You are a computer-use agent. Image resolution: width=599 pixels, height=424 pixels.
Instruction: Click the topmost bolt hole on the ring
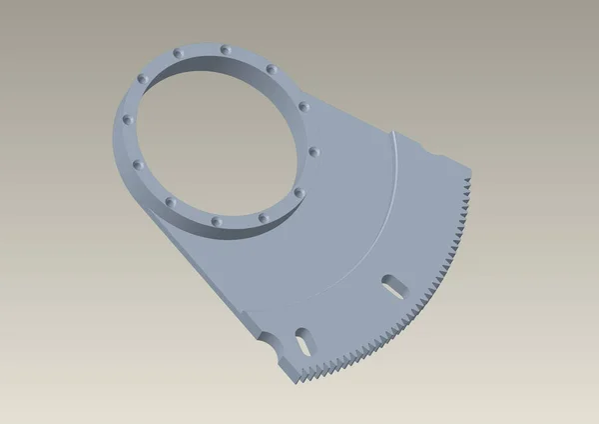(x=226, y=47)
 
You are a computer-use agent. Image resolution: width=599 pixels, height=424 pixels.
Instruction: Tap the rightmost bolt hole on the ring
(x=312, y=151)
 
